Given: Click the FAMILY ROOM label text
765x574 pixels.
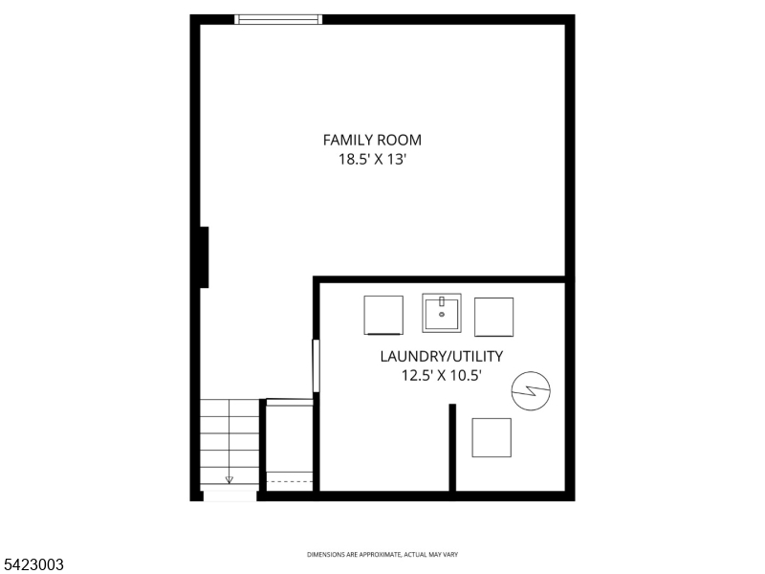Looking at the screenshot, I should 372,140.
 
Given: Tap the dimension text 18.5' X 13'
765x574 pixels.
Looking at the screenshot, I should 372,161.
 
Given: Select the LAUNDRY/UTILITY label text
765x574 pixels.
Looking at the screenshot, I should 441,357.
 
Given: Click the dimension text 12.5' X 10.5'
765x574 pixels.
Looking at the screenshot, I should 441,376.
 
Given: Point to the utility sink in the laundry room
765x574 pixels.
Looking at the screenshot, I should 442,313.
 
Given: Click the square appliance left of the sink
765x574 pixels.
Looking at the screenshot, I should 383,316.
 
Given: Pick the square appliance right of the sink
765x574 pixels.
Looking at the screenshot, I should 493,317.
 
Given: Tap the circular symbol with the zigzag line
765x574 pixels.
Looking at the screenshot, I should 531,391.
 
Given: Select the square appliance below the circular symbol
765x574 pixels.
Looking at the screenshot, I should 492,437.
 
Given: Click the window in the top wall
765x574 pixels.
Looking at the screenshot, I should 279,19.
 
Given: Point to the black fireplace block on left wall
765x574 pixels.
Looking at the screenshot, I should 204,256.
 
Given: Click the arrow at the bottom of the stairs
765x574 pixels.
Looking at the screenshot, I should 229,479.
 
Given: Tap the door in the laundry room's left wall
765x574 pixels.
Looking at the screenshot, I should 316,365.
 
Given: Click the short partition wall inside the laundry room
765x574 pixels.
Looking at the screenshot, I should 452,446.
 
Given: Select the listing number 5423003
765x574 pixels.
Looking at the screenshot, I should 33,565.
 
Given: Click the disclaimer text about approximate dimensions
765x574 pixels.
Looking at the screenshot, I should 382,555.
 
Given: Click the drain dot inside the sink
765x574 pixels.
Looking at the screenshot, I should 442,314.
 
